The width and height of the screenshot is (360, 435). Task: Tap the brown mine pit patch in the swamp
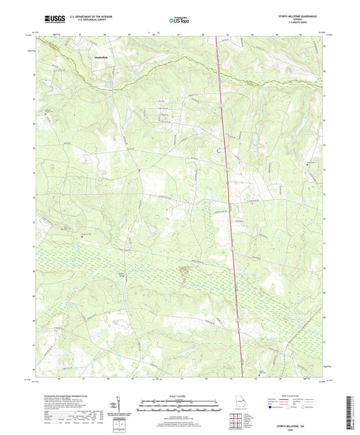[183, 272]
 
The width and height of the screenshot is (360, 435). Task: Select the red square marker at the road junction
[139, 170]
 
